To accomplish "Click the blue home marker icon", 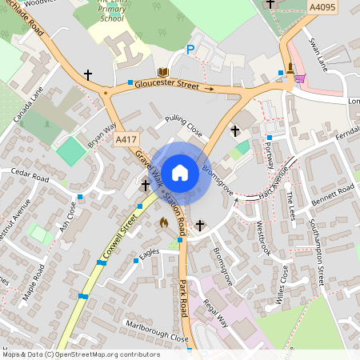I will click(180, 172).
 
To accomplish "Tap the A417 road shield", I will click(125, 139).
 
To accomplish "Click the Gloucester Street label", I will click(166, 83).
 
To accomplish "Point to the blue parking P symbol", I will click(190, 50).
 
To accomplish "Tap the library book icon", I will click(163, 72).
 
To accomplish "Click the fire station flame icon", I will click(165, 222).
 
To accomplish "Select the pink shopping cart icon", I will click(299, 78).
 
